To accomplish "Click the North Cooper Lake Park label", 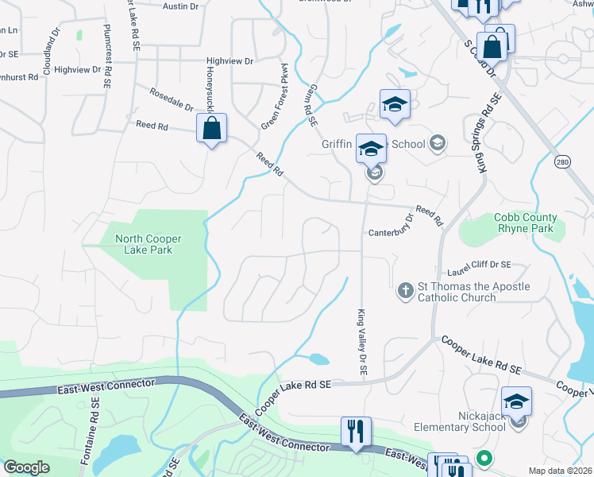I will pos(148,244).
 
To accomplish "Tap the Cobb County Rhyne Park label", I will pos(526,223).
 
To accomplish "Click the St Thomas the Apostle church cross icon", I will pos(405,290).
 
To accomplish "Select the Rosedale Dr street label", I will pos(172,99).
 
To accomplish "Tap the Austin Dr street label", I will pos(180,6).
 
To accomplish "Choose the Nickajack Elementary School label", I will pos(460,421).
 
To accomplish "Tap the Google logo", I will pos(26,467).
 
